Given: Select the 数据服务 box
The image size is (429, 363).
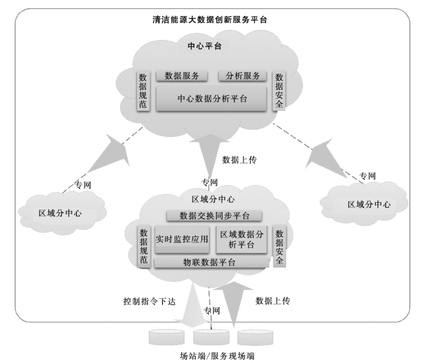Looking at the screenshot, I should (x=182, y=76).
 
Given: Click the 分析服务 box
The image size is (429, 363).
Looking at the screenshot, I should (x=243, y=76).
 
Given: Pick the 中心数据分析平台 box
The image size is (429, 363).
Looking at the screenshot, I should (x=212, y=99).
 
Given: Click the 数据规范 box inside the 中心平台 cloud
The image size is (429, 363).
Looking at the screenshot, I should (x=143, y=90).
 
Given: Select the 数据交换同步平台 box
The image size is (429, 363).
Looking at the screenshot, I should (x=214, y=216).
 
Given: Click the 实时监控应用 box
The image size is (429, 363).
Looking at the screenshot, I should (x=182, y=239).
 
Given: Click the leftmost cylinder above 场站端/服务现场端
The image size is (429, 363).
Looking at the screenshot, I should (x=165, y=335).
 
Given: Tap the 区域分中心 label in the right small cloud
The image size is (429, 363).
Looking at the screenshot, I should (x=368, y=205).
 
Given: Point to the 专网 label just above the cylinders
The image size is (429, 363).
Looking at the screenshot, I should (x=212, y=311).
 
